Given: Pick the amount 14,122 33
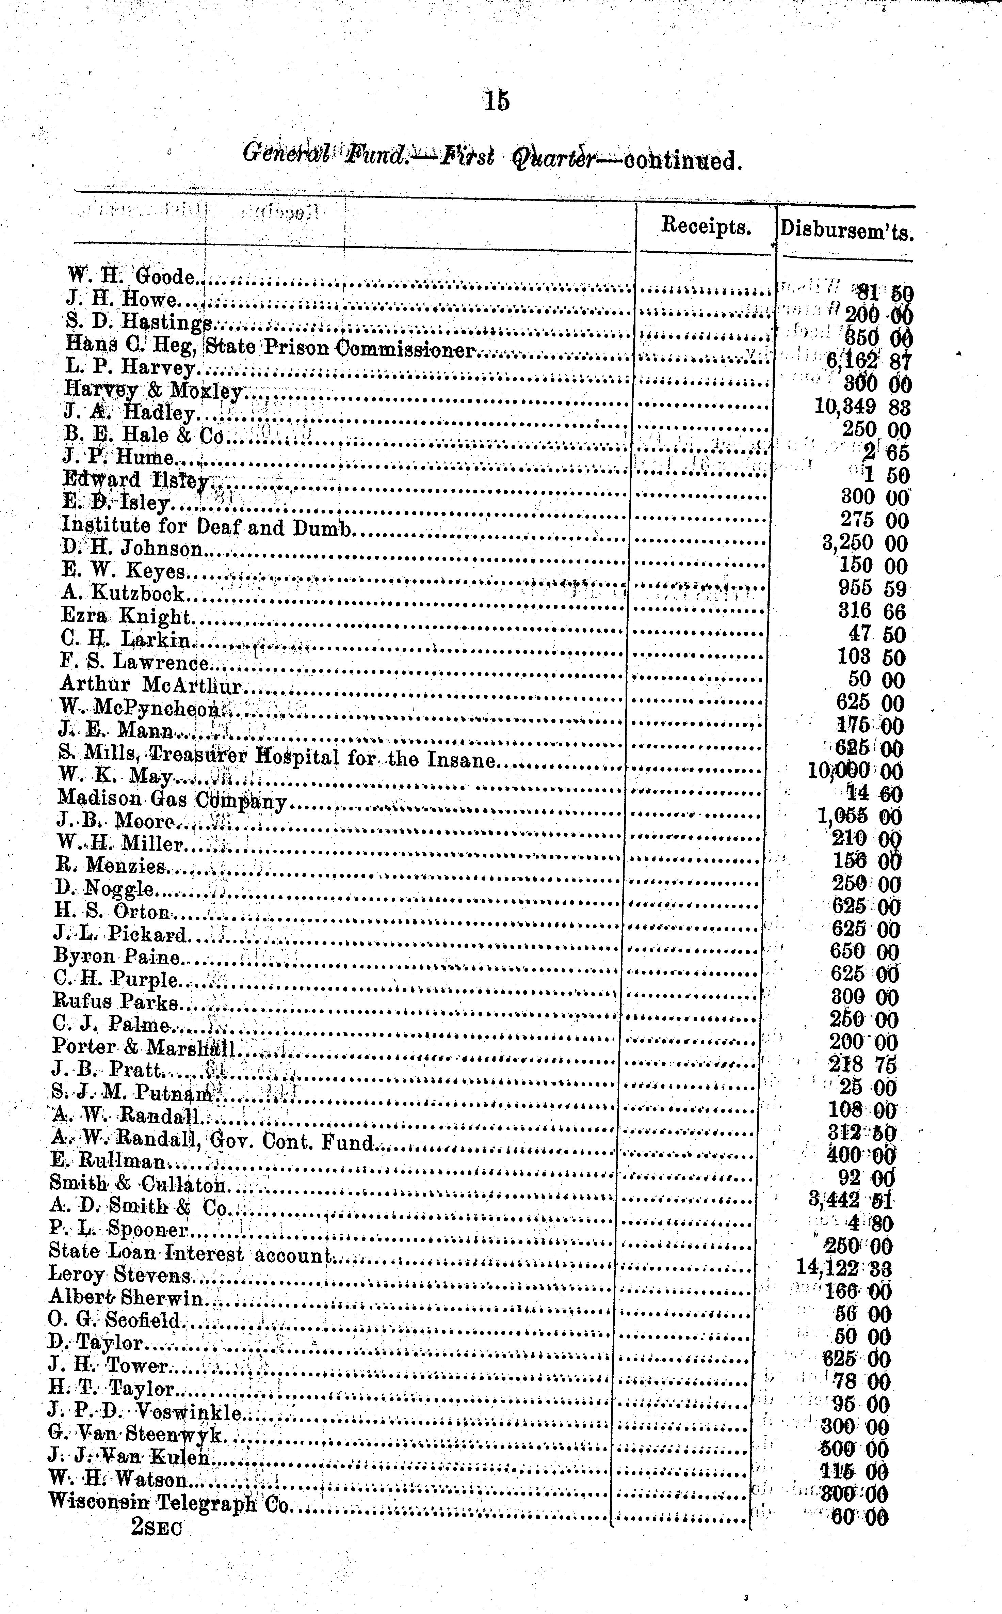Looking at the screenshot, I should click(x=844, y=1268).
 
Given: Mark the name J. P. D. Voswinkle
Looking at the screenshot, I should click(x=145, y=1413).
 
